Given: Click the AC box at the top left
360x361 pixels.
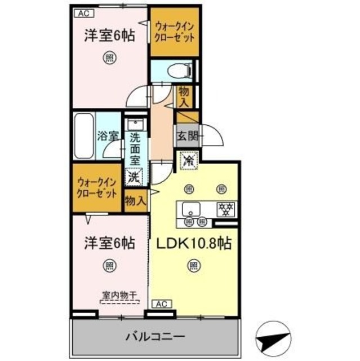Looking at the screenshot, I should pos(83,12).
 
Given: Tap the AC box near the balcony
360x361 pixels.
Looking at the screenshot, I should pos(161,303).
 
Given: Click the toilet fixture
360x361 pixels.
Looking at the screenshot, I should pos(180,71).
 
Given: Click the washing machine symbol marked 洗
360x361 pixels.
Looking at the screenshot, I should pos(134,176).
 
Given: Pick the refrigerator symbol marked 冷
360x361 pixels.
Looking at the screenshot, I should pos(187,160).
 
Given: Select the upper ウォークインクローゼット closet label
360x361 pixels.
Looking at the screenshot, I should pos(175,31).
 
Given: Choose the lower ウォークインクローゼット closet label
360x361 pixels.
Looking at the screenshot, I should pos(97,187).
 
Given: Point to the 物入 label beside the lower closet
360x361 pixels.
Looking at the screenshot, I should pos(135,200).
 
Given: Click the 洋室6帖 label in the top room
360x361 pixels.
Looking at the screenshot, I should pos(109,35).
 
